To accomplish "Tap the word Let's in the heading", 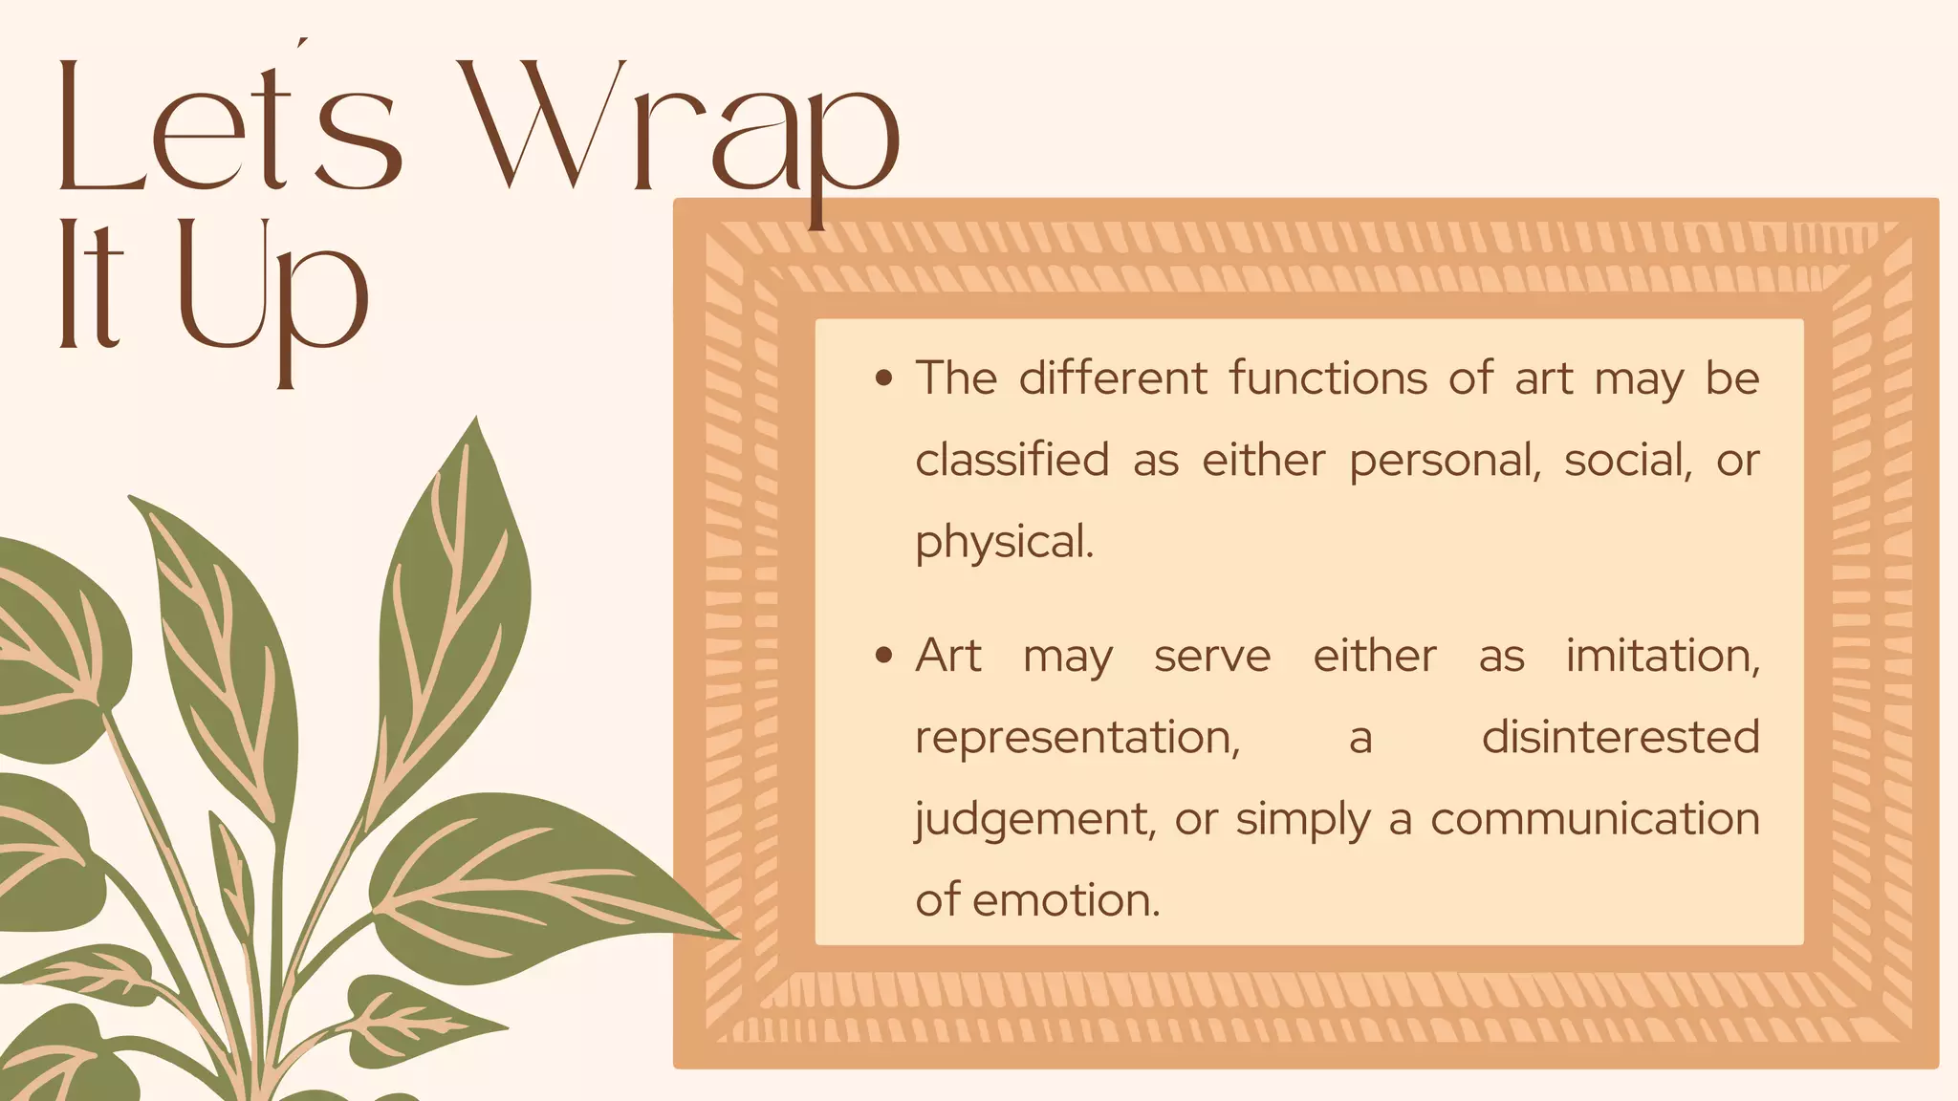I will pyautogui.click(x=228, y=129).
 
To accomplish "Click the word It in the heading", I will pyautogui.click(x=91, y=285).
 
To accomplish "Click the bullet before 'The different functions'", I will pyautogui.click(x=884, y=378).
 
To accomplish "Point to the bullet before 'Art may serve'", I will pyautogui.click(x=884, y=656).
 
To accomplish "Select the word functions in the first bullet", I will pyautogui.click(x=1328, y=378).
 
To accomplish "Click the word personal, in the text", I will pyautogui.click(x=1445, y=462).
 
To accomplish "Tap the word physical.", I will pyautogui.click(x=1004, y=543).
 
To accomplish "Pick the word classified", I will pyautogui.click(x=1012, y=460).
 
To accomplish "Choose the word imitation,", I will pyautogui.click(x=1663, y=657).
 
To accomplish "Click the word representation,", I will pyautogui.click(x=1077, y=738).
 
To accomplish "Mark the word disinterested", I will pyautogui.click(x=1621, y=737).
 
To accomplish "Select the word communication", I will pyautogui.click(x=1595, y=819).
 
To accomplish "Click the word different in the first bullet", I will pyautogui.click(x=1113, y=378).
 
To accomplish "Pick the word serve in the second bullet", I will pyautogui.click(x=1212, y=657).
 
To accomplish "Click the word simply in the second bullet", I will pyautogui.click(x=1303, y=820).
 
